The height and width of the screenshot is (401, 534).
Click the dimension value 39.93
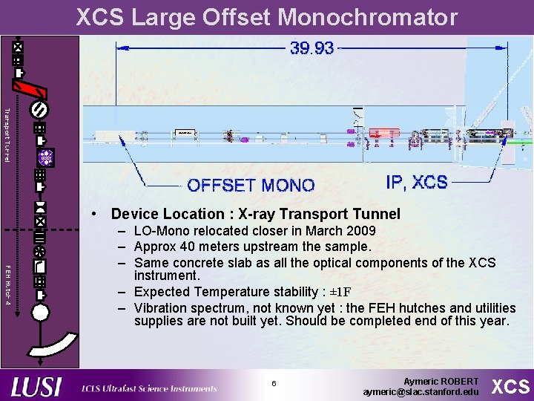point(312,48)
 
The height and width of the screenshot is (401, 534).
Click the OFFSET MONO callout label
point(251,185)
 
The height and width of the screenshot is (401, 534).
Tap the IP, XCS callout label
point(417,182)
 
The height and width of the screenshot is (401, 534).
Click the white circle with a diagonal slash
point(40,109)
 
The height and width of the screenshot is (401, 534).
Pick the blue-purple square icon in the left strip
point(46,157)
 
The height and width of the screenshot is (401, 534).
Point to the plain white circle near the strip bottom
point(40,312)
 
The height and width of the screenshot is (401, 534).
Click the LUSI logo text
point(37,387)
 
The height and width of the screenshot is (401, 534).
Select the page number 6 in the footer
point(274,384)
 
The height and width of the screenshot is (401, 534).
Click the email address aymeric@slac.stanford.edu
point(421,391)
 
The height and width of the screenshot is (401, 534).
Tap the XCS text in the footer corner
point(512,386)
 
